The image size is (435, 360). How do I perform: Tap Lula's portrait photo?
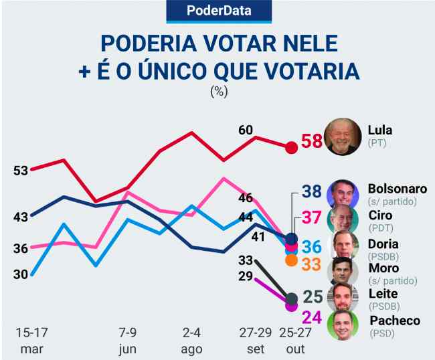[342, 137]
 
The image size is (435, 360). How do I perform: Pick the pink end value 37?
[312, 218]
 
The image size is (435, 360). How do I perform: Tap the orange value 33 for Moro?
[311, 264]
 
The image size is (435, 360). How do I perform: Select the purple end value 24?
[312, 317]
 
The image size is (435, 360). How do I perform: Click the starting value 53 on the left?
[20, 170]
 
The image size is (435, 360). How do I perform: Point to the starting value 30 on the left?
[20, 274]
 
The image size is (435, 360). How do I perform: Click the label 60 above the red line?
[245, 129]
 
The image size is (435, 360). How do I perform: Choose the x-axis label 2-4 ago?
[191, 339]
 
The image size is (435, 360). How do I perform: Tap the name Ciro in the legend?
[381, 215]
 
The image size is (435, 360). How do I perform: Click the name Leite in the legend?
[383, 293]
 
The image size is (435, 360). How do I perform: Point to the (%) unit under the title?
[219, 92]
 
